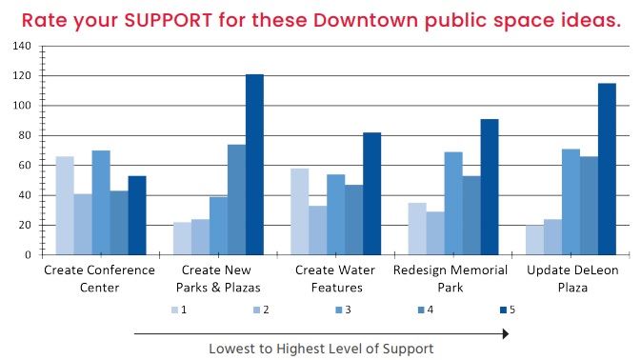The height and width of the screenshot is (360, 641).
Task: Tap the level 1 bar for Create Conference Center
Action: coord(65,206)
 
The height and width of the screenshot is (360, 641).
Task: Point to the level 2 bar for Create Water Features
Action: coord(318,230)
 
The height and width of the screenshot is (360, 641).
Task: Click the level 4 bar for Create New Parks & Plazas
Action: coord(236,199)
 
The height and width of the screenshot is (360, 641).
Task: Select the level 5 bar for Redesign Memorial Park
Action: coord(490,187)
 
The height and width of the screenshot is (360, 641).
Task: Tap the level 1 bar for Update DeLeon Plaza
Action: coord(534,240)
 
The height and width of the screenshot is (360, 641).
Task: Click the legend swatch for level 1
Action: coord(175,310)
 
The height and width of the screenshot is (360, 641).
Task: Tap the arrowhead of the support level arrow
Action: coord(506,333)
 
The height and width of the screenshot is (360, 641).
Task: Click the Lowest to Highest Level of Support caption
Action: coord(321,350)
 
